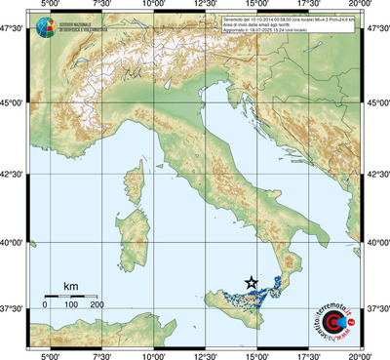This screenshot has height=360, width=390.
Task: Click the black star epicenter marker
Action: coord(252,282)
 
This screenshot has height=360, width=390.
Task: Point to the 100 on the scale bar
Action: coord(71,305)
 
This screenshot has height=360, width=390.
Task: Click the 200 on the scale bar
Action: coord(97,305)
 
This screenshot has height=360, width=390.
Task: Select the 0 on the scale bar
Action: coord(45,305)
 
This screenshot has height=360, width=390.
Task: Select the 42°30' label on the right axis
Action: coord(377,175)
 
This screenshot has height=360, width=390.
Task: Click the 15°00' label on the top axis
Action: coord(257,5)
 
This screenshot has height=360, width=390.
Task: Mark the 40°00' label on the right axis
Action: coord(377,243)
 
